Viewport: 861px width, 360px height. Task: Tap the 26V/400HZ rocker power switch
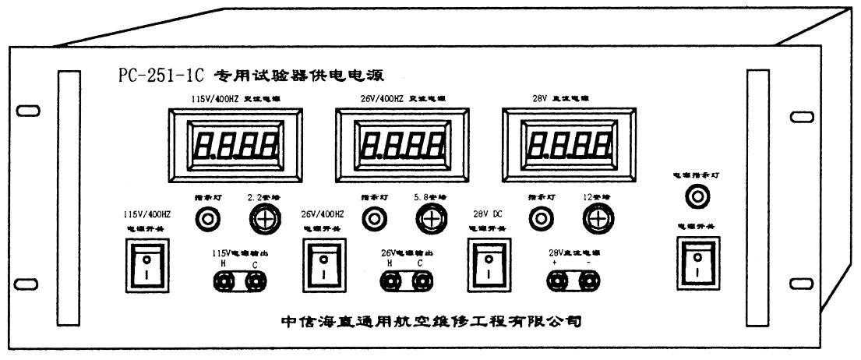pyautogui.click(x=321, y=264)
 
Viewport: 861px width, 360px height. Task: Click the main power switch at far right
pyautogui.click(x=697, y=264)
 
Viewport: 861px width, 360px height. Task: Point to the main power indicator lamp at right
pyautogui.click(x=697, y=199)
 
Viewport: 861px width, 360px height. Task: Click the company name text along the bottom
pyautogui.click(x=430, y=320)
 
